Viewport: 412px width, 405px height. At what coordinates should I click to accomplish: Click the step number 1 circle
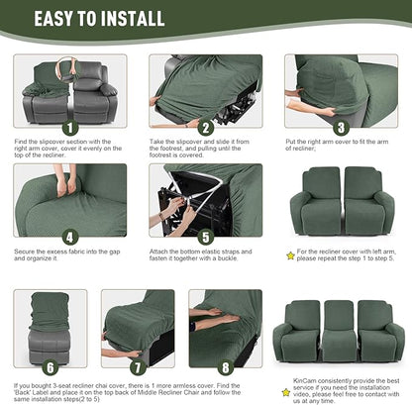69,128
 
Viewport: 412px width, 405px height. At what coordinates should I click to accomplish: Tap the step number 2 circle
205,128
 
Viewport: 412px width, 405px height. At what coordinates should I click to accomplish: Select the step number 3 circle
340,128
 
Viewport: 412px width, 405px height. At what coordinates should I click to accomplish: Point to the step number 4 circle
69,237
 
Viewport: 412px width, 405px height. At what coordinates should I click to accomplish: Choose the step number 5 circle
205,237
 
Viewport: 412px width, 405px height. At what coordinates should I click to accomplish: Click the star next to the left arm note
290,255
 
